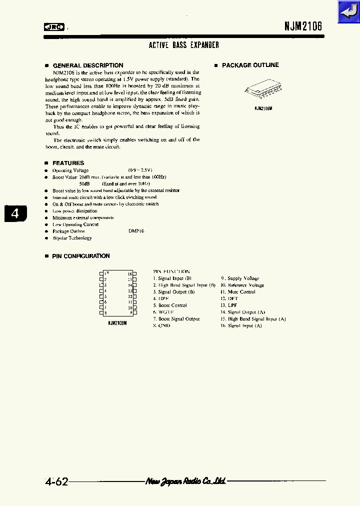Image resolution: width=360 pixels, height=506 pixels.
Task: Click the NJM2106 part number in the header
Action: tap(299, 27)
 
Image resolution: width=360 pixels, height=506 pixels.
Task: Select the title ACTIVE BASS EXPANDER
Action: tap(184, 45)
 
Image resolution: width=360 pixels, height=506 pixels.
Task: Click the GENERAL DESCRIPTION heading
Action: tap(87, 65)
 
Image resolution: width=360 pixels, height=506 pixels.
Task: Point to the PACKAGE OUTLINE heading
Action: tap(250, 65)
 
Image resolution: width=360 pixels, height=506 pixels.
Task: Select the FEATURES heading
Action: tap(68, 163)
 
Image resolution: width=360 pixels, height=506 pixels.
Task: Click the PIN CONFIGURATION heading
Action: tap(80, 256)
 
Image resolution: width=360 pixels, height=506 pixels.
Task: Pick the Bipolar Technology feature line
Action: tap(72, 238)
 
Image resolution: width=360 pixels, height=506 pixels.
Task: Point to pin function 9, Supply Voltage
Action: tap(240, 278)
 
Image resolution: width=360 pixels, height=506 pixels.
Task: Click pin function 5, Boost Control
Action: tap(170, 305)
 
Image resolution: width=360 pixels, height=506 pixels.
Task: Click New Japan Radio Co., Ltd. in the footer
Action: tap(185, 481)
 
